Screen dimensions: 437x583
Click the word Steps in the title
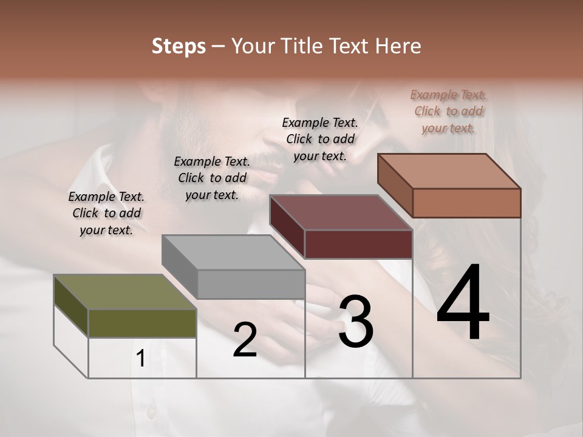click(179, 46)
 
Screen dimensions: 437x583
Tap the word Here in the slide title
click(397, 46)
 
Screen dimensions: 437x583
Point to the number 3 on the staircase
click(355, 321)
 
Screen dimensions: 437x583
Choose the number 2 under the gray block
click(245, 340)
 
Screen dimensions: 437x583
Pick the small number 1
click(141, 359)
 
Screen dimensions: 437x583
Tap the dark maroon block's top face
click(341, 212)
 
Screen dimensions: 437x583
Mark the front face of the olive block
click(142, 323)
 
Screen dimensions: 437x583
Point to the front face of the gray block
click(251, 284)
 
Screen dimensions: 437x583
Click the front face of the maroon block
click(358, 244)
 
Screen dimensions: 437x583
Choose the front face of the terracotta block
click(466, 203)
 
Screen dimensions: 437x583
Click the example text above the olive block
click(106, 213)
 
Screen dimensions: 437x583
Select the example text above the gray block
click(212, 178)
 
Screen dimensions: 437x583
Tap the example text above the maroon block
click(320, 139)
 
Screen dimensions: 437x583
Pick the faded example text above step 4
click(448, 111)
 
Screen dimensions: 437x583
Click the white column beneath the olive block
click(142, 357)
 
